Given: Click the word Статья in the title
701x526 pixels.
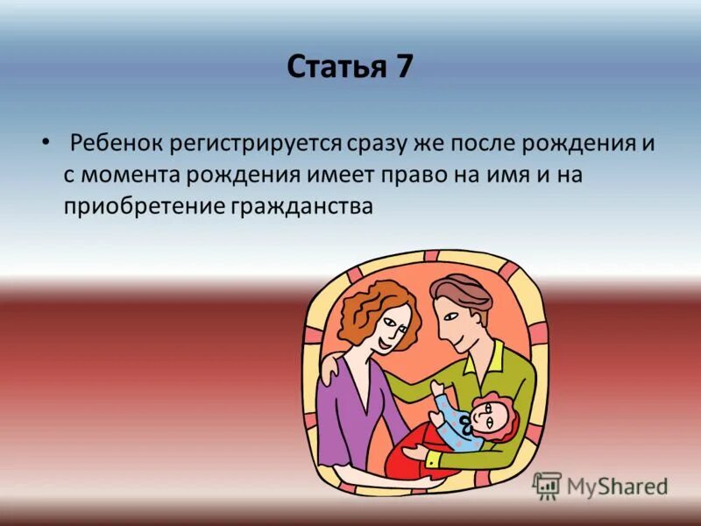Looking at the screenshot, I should [x=332, y=68].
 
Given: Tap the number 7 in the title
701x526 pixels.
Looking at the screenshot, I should [x=401, y=68].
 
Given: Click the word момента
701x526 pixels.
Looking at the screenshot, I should [x=130, y=174].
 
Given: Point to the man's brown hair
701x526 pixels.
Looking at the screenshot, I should [x=461, y=294].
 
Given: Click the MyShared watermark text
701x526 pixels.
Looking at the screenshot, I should [x=616, y=486].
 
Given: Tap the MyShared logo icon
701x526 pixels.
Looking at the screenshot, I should [x=547, y=485].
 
